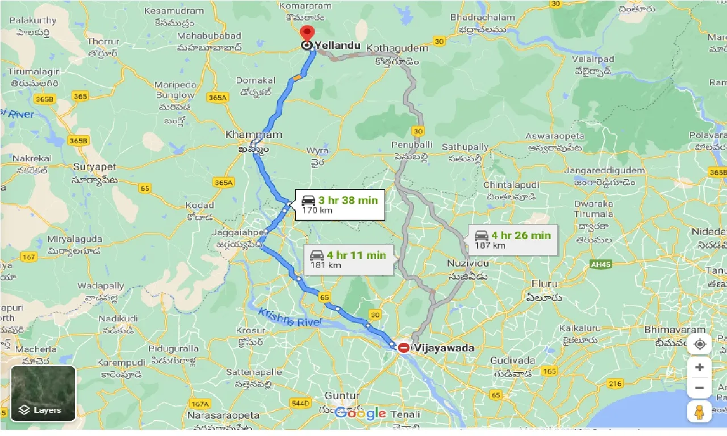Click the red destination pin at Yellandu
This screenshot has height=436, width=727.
pos(307,34)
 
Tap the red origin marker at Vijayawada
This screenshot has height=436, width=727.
pos(404,347)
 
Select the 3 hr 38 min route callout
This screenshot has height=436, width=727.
pos(340,204)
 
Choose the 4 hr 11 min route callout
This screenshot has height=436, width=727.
pos(348,260)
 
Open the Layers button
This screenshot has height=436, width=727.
pos(43,393)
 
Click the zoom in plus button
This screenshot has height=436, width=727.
pos(699,367)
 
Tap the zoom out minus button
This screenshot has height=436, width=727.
pos(699,388)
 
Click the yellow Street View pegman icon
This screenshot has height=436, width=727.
pos(699,412)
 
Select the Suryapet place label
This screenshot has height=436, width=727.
pos(94,167)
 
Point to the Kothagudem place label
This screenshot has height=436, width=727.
pos(398,48)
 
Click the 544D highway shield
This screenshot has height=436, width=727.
pos(300,404)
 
